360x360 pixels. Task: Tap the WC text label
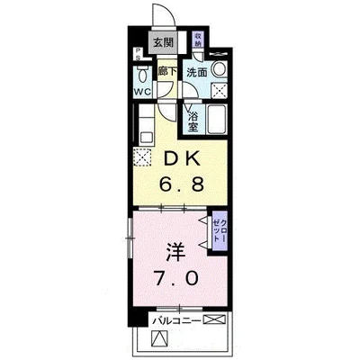click(143, 90)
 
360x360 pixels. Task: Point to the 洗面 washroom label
click(197, 71)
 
